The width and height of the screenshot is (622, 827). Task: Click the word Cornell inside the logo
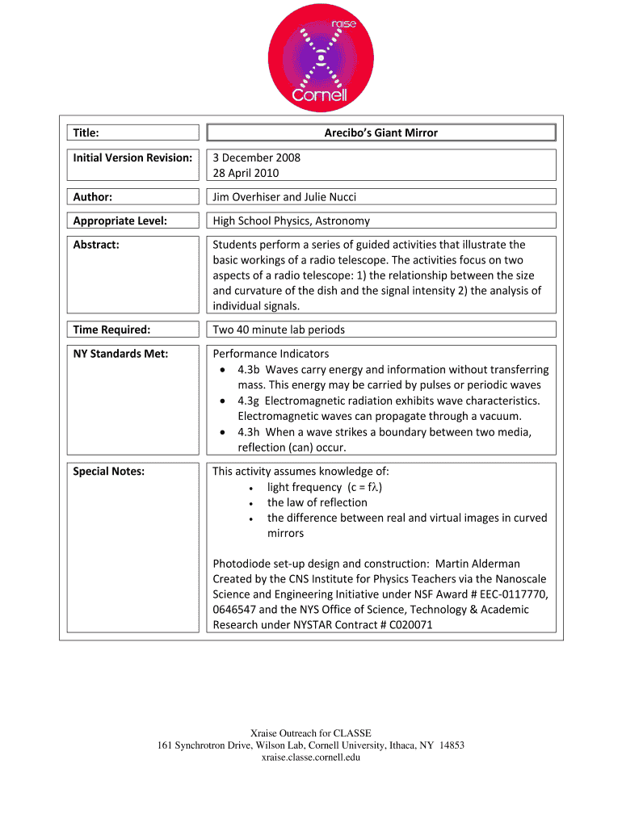pos(319,95)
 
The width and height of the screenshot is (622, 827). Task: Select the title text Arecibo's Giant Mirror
pos(381,132)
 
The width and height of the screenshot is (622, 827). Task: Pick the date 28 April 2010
pos(246,173)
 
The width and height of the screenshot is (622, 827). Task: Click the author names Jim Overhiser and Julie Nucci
pos(284,196)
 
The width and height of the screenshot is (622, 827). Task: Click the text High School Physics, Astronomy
pos(292,220)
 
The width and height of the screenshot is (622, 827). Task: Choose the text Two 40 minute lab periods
pos(279,330)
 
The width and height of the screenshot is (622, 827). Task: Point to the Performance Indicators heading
pos(271,354)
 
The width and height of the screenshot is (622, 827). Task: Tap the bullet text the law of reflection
pos(317,502)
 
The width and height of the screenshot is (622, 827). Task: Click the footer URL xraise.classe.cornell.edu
pos(310,757)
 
